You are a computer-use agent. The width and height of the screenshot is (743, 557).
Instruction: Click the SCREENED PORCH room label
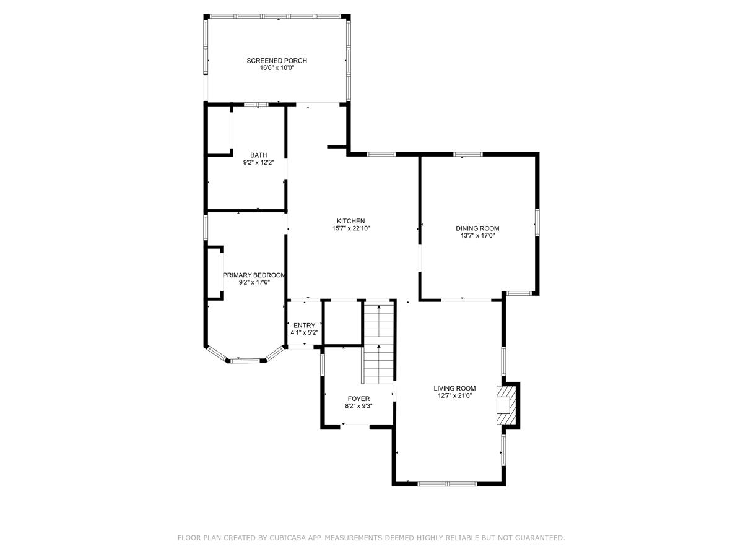277,61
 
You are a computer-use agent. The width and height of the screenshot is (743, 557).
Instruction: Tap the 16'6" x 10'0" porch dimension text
277,67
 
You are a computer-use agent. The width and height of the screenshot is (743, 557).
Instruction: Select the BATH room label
258,155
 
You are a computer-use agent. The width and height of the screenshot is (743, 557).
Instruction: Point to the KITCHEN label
350,221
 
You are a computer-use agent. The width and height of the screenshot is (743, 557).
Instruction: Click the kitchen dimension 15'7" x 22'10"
350,228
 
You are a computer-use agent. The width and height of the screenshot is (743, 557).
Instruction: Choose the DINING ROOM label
477,228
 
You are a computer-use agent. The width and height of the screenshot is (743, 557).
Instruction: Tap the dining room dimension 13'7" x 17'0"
477,235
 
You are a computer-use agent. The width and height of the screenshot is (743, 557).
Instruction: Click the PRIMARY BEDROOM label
254,275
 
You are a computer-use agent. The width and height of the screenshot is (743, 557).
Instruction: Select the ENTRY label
304,326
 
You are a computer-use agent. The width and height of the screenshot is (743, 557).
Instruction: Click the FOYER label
358,399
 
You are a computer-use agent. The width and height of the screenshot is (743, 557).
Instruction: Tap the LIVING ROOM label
454,388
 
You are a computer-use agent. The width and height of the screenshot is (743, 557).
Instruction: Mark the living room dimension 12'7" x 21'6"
454,395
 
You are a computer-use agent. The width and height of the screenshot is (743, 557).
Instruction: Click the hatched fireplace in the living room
506,405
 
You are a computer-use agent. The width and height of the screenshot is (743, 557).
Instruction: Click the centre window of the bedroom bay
245,361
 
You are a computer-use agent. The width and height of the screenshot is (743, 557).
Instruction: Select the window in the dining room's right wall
537,222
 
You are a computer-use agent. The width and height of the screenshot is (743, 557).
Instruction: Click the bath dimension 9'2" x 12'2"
258,162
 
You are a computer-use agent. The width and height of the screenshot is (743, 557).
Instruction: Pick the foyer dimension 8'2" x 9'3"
358,406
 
